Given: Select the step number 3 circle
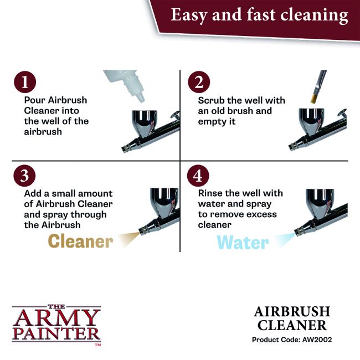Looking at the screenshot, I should (25, 176).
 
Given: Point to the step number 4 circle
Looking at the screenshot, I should (199, 176).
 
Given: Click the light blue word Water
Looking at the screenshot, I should (243, 242).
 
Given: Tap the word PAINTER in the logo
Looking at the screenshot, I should (56, 335).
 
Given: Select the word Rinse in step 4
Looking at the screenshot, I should (211, 193).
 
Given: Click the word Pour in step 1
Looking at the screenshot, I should (35, 100).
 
